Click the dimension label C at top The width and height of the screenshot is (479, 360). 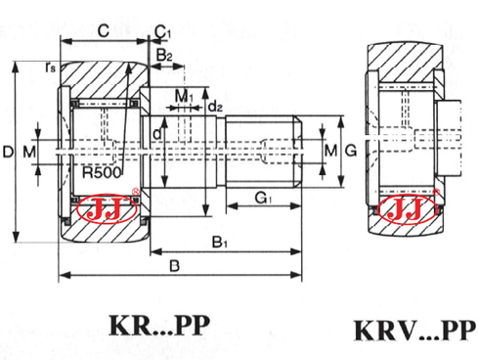[103, 30]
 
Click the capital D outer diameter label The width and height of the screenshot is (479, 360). [9, 152]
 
